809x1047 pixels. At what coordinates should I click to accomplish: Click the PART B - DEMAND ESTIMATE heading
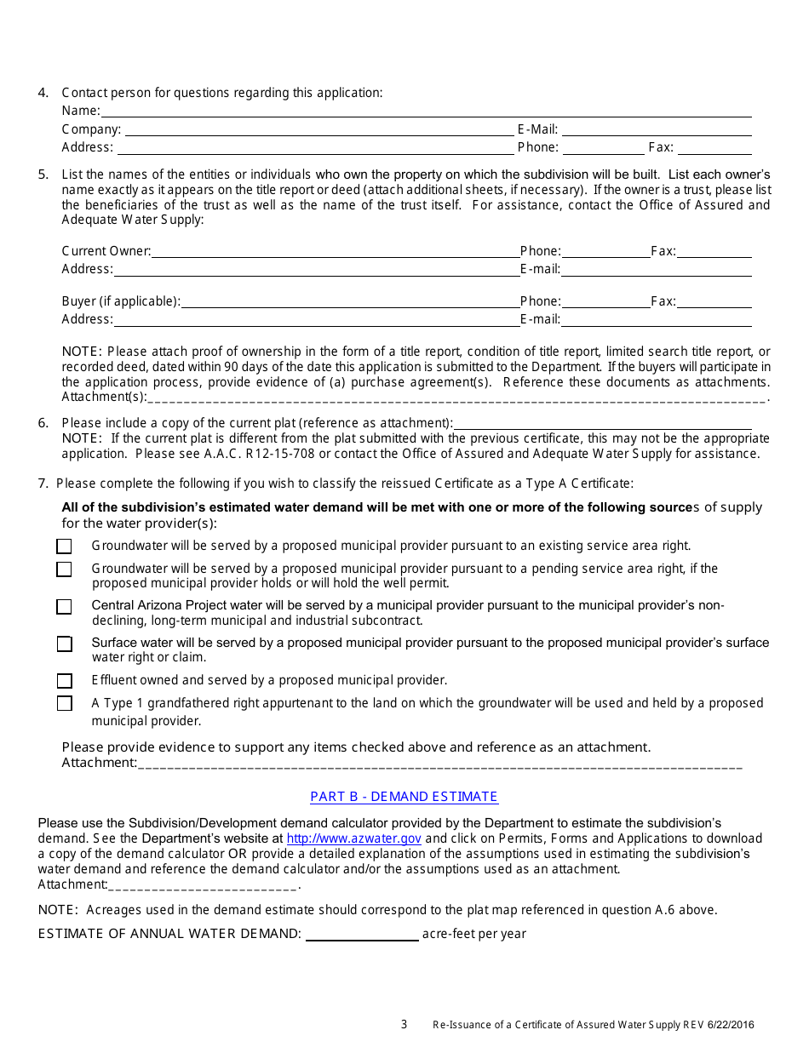point(404,797)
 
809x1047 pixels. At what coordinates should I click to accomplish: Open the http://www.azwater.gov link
point(353,838)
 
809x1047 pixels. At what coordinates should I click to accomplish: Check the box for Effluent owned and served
point(65,681)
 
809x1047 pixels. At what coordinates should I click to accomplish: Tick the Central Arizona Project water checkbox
point(65,607)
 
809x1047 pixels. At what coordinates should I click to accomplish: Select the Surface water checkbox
point(65,644)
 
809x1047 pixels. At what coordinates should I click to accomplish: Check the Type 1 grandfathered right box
point(65,704)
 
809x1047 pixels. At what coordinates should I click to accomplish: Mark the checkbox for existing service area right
point(65,546)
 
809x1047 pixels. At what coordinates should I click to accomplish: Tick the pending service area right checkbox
point(65,569)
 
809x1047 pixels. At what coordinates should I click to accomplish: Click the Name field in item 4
point(426,112)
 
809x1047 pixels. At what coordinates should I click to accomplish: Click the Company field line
point(319,130)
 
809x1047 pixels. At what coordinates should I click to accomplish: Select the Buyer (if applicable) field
point(349,302)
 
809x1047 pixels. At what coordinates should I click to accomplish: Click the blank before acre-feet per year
point(362,935)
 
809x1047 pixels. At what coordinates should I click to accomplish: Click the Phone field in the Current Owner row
point(605,252)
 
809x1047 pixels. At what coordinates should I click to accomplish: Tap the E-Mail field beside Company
point(656,130)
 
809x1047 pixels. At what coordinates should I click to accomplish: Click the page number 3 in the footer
point(404,1025)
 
